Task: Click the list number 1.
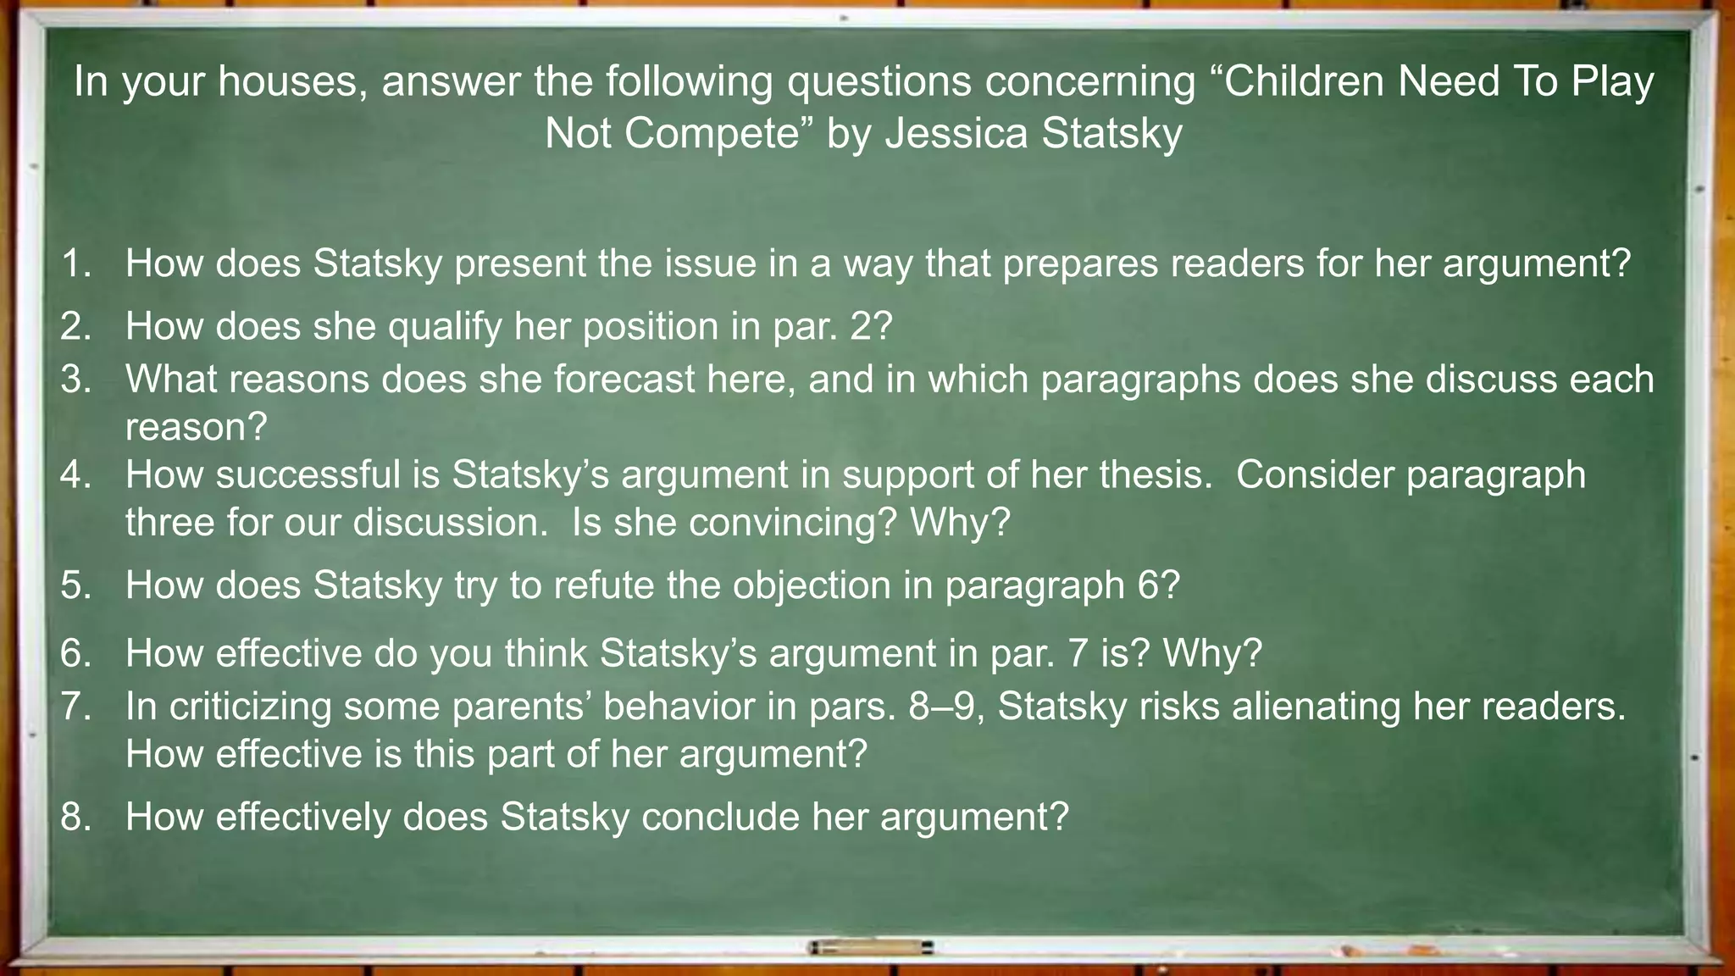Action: (x=75, y=263)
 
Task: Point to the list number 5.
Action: (x=75, y=585)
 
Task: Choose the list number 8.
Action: (x=75, y=817)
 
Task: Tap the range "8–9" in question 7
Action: (x=946, y=707)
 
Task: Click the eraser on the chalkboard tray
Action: (x=870, y=947)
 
